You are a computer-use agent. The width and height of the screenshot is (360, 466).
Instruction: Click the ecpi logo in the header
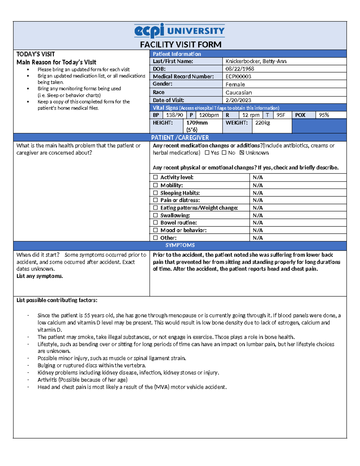point(149,31)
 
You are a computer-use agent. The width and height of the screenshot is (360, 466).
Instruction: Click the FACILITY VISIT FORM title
point(181,45)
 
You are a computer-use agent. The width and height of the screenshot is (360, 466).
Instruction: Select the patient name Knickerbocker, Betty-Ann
point(256,61)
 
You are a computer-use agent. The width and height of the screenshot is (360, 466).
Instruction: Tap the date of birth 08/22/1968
point(240,69)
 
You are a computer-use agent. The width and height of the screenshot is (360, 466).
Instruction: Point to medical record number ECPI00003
point(238,77)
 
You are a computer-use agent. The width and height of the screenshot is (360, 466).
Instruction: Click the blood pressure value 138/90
point(174,115)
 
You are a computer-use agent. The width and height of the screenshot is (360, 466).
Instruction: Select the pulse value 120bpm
point(209,115)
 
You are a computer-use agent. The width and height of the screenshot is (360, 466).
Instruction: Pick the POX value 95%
point(324,115)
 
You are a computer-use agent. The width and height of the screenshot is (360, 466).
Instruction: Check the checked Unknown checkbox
point(242,153)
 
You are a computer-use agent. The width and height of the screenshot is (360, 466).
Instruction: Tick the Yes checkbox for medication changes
point(207,153)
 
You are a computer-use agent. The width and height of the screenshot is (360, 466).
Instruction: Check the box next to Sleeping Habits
point(155,193)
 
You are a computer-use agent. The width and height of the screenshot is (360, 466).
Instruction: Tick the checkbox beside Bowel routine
point(155,223)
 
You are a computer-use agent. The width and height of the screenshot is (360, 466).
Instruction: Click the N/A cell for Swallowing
point(257,215)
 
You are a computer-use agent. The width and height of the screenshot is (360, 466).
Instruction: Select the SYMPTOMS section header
point(180,245)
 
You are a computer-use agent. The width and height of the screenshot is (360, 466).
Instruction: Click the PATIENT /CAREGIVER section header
point(180,137)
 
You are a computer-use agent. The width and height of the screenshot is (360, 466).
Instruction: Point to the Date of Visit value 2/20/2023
point(238,100)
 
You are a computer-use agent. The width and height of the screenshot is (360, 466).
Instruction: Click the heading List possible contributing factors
point(57,300)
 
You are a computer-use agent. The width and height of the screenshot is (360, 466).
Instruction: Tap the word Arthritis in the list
point(47,380)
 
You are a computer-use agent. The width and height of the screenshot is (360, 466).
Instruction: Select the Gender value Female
point(235,85)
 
